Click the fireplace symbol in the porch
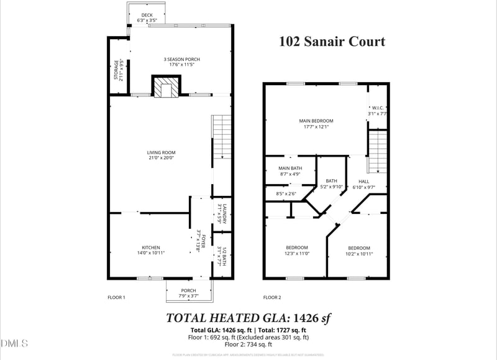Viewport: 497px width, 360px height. click(x=166, y=88)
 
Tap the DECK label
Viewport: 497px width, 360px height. click(x=147, y=15)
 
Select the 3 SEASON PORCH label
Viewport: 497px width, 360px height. click(x=181, y=60)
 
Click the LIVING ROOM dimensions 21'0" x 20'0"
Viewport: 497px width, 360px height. click(x=161, y=158)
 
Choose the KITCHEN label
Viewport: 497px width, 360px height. click(x=151, y=247)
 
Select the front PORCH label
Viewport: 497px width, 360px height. click(x=188, y=290)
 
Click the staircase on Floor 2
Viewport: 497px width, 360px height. click(x=378, y=152)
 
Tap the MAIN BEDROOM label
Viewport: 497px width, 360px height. click(x=316, y=121)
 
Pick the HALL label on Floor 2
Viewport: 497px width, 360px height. click(x=363, y=181)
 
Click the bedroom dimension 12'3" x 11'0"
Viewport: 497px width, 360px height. click(x=297, y=253)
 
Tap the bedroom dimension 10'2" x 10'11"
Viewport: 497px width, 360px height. click(x=358, y=253)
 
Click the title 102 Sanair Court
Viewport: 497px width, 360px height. click(x=331, y=42)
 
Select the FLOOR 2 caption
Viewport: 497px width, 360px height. click(x=271, y=298)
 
